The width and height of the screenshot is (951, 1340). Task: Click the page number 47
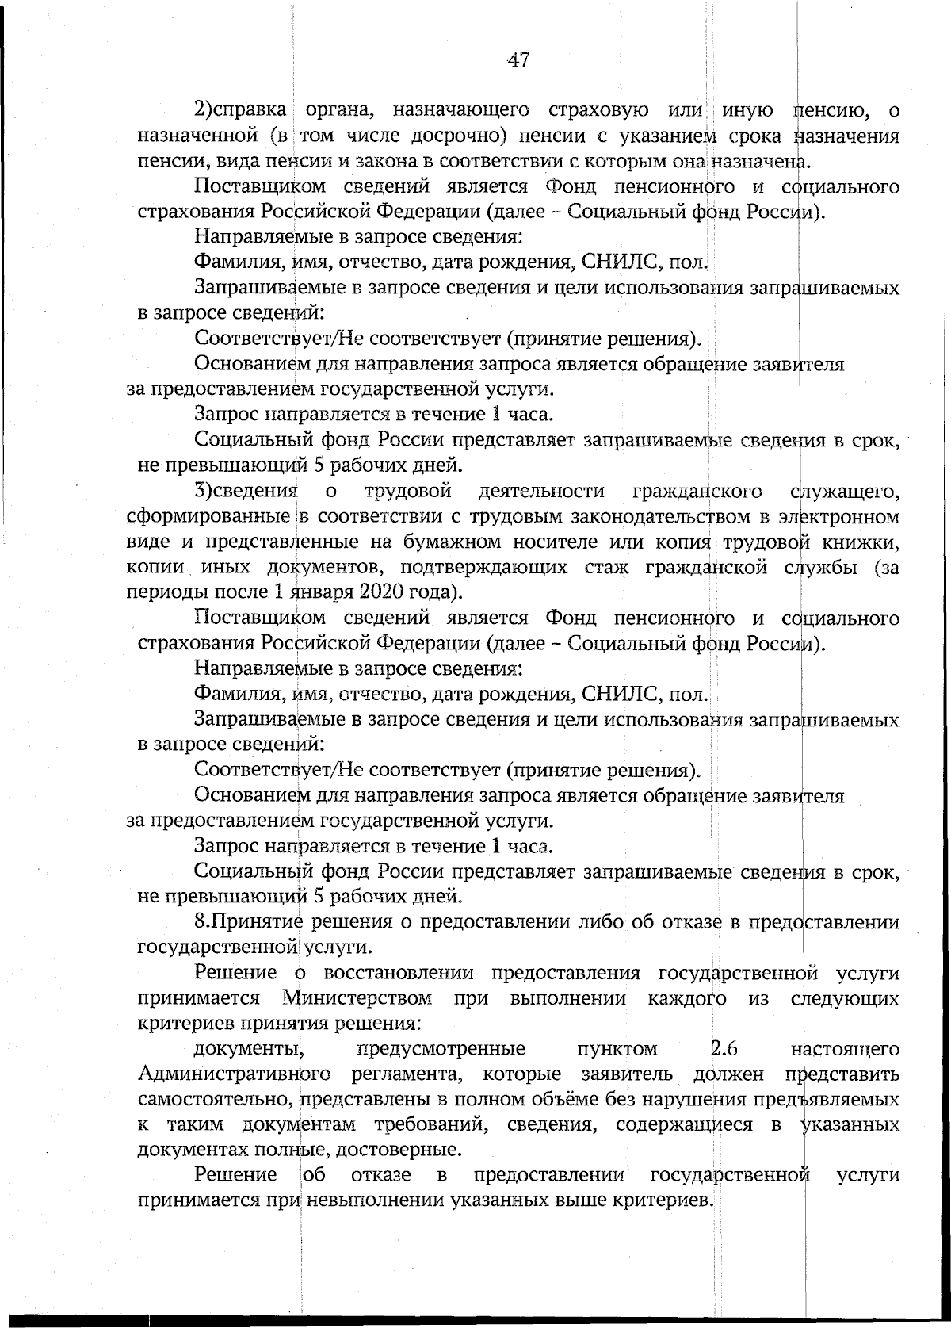518,60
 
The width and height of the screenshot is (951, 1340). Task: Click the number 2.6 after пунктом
724,1049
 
